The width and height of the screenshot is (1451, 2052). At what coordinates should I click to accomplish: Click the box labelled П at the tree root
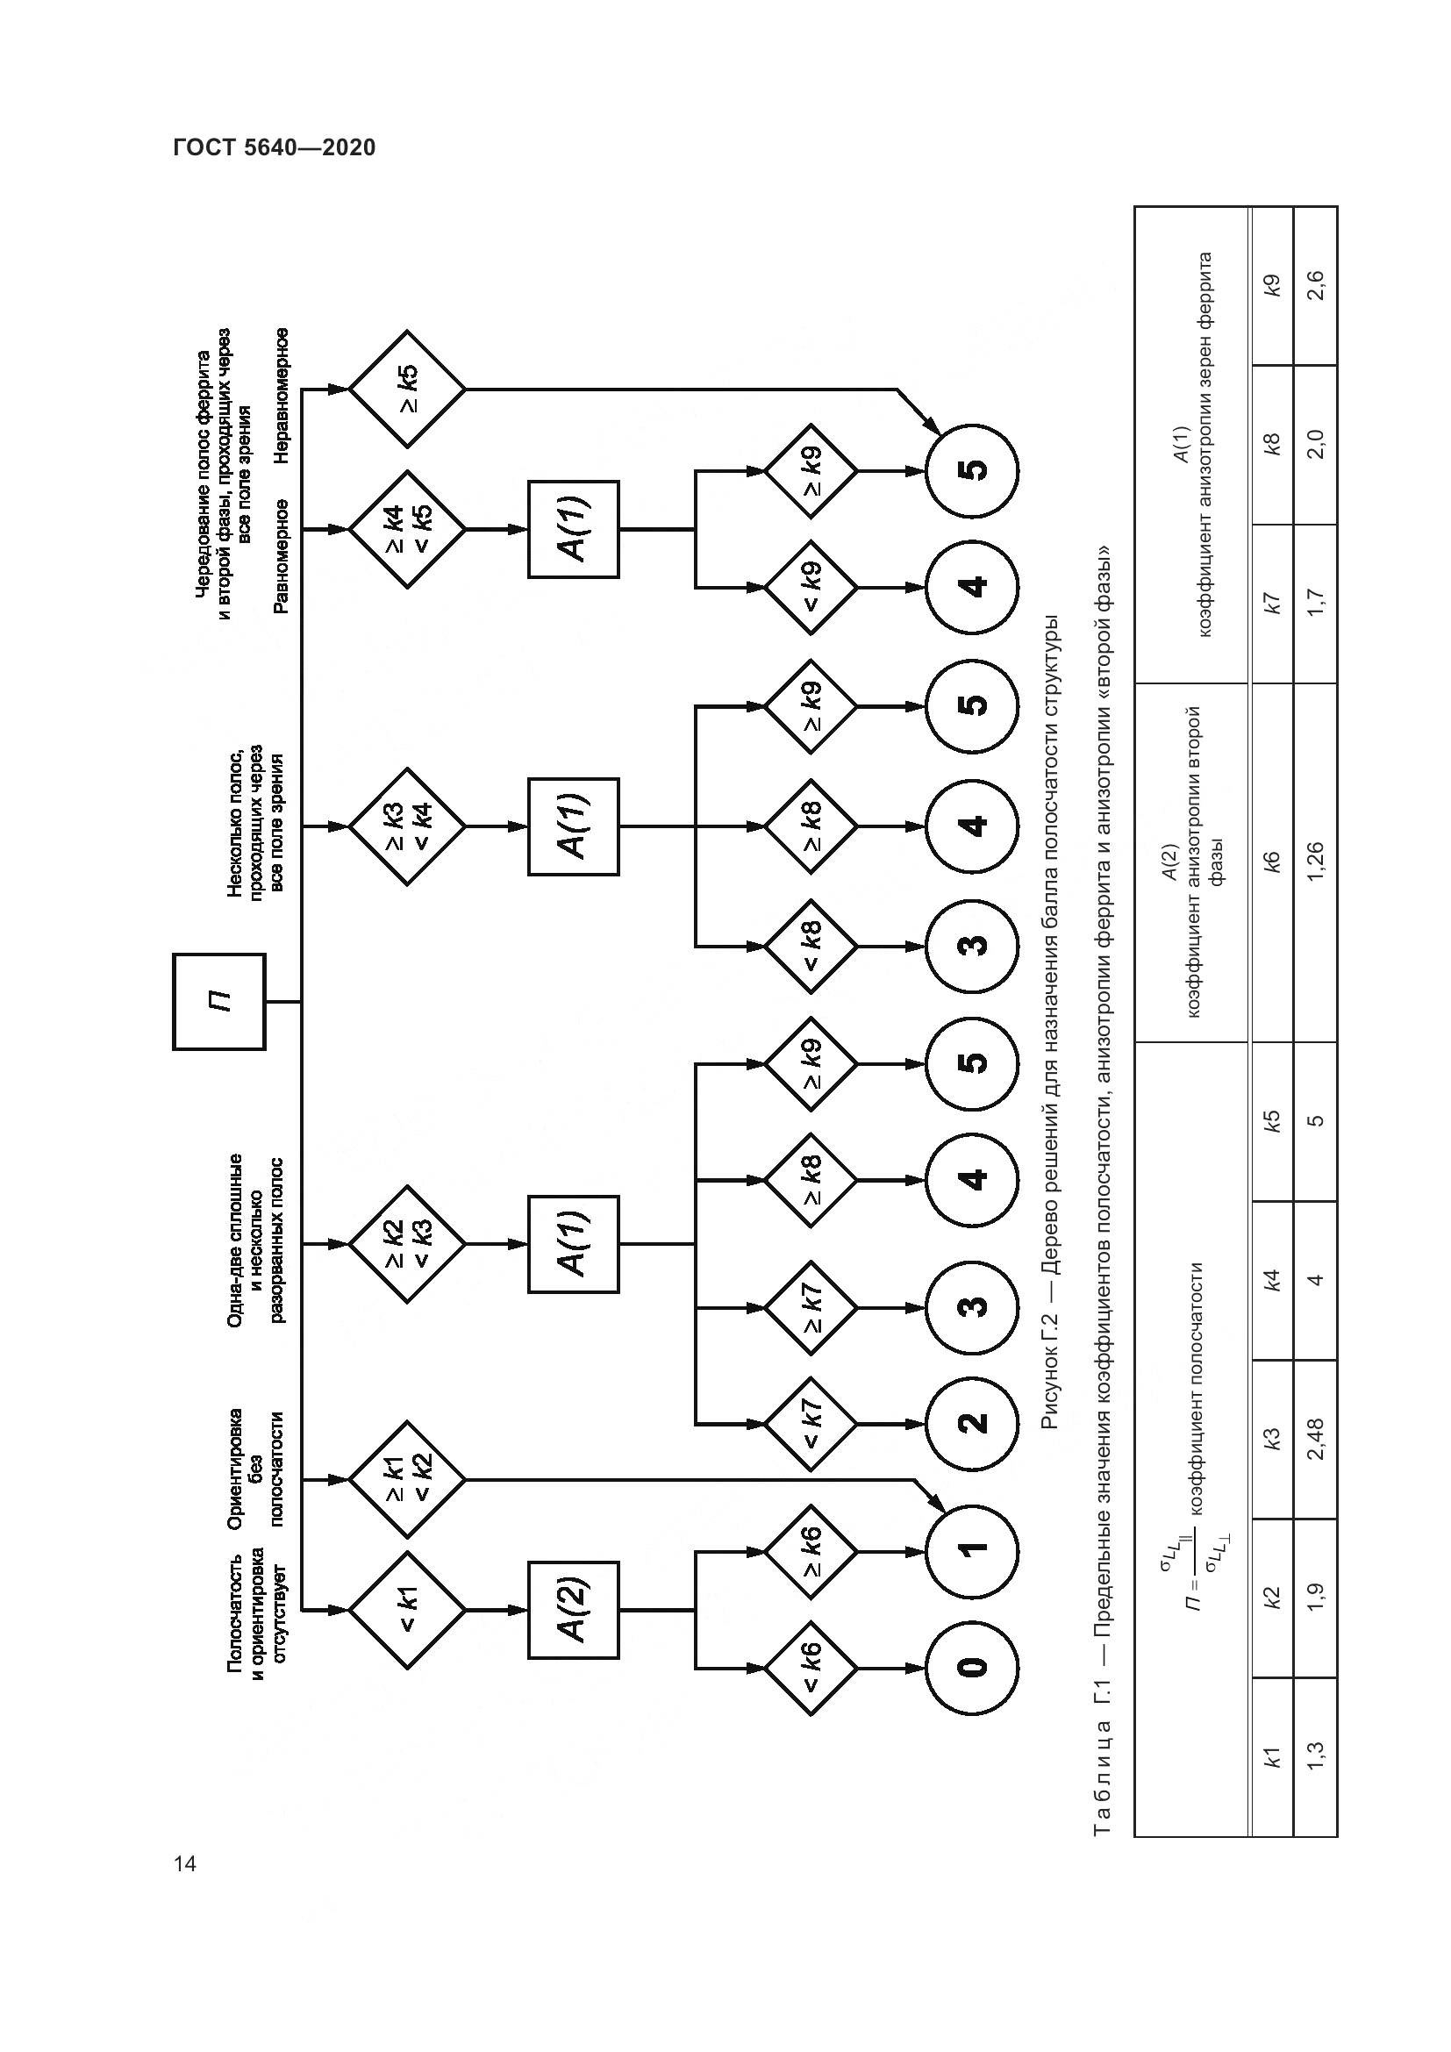(219, 1002)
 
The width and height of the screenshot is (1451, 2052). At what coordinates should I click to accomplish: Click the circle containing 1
(972, 1548)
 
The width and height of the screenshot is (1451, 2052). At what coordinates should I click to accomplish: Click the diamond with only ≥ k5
(407, 389)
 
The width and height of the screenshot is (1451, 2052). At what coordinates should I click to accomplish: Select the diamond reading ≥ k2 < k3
(407, 1243)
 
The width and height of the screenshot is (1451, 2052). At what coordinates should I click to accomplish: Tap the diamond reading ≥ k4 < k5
(407, 529)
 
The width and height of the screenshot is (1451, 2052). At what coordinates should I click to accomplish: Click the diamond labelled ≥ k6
(811, 1548)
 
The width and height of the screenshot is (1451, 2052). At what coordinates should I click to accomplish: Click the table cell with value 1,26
(1315, 862)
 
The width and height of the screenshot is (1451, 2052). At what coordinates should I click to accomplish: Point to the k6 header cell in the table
(1271, 862)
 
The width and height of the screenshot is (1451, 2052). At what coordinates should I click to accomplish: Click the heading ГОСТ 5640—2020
(275, 147)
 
